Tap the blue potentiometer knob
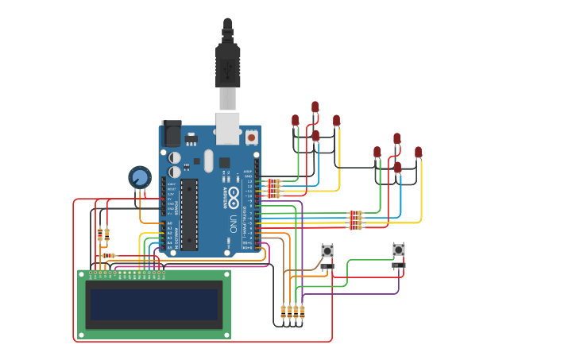tap(140, 177)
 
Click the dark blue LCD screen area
tap(154, 304)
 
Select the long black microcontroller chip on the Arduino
tap(189, 213)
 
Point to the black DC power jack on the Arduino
tap(171, 133)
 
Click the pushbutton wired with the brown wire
tap(327, 250)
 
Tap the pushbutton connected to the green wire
tap(399, 250)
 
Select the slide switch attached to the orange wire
tap(327, 266)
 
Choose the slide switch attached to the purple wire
tap(398, 265)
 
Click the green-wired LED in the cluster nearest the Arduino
tap(296, 121)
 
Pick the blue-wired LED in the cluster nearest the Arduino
tap(315, 136)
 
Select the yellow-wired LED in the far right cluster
tap(419, 152)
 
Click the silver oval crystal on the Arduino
tap(208, 161)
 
